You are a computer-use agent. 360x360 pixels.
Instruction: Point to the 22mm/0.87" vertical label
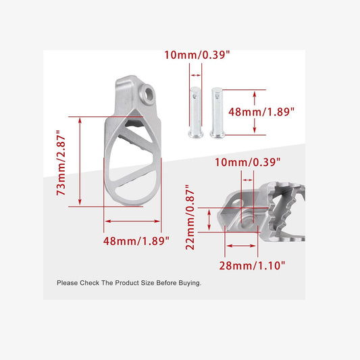point(191,218)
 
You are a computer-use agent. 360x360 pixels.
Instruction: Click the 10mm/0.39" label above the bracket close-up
point(247,162)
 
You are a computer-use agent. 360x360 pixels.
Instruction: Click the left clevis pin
point(195,111)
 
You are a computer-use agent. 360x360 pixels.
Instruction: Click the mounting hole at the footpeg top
point(148,91)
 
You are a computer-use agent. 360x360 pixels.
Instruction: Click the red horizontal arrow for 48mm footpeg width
point(132,221)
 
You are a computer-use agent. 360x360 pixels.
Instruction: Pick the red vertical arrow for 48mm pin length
point(255,111)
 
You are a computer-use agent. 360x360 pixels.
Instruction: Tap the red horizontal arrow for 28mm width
point(240,246)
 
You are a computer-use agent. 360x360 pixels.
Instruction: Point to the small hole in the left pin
point(195,95)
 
